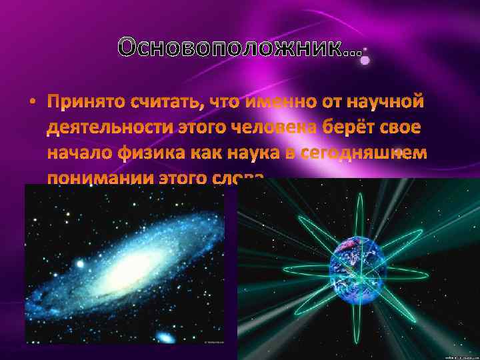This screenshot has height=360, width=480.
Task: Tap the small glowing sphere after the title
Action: (x=365, y=60)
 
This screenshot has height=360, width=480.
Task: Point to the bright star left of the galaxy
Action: (x=80, y=265)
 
